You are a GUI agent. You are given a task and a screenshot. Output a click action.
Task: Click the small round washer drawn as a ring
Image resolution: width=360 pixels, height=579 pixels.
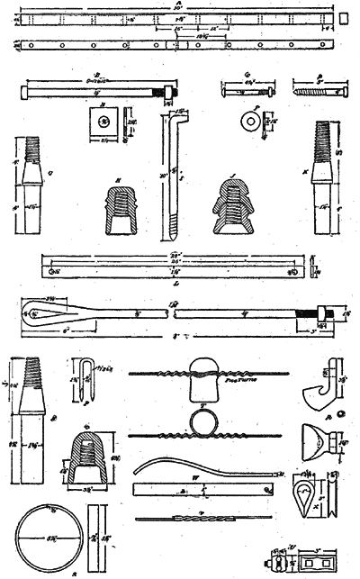[244, 120]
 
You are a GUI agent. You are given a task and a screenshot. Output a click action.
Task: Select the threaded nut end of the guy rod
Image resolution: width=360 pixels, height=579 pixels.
[319, 314]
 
